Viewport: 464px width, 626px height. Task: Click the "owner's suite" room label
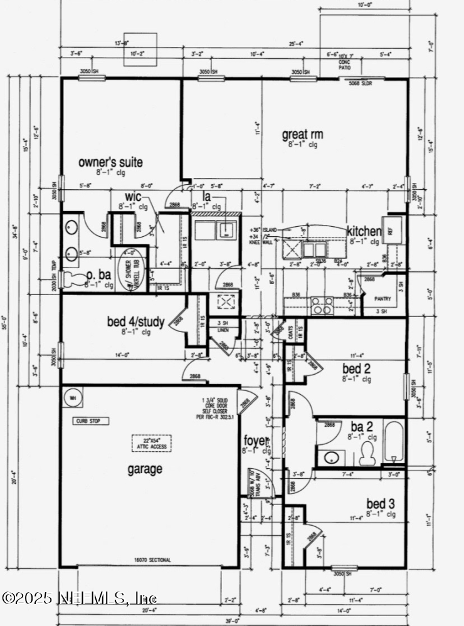[110, 162]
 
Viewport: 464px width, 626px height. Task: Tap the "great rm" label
[303, 134]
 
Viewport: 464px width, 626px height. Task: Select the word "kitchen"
[364, 231]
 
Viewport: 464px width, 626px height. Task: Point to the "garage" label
[145, 468]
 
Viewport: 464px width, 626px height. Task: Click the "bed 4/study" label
[136, 322]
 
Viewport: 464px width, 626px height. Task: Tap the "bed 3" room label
[381, 504]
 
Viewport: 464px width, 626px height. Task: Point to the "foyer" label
[256, 440]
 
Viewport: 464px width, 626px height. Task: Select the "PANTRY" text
[382, 299]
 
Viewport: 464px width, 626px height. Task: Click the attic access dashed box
[151, 443]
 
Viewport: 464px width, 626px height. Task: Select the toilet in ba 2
[368, 456]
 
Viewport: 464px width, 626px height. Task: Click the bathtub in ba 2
[393, 443]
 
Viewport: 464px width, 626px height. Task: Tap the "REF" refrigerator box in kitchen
[390, 232]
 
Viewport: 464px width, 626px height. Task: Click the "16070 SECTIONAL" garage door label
[152, 560]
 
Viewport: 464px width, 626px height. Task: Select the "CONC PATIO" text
[345, 65]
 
